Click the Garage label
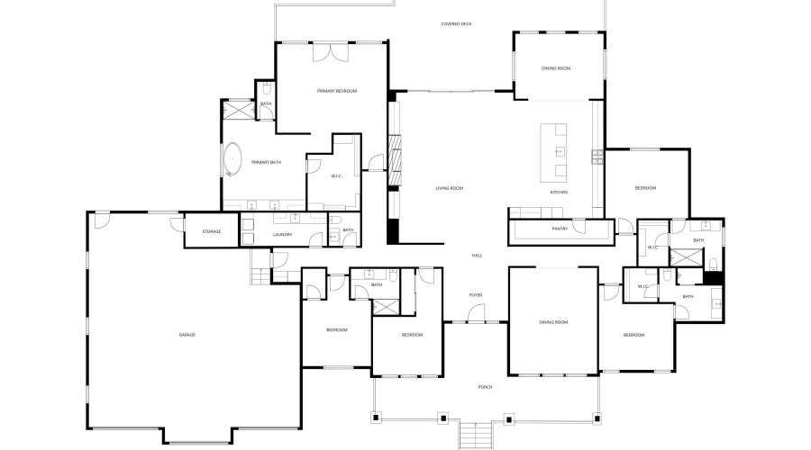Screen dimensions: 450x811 click(187, 335)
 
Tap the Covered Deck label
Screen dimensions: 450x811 click(456, 24)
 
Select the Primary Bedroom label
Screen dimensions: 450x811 click(337, 91)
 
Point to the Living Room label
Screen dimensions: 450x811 click(449, 188)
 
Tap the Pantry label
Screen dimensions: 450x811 click(559, 229)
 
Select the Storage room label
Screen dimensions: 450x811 click(212, 232)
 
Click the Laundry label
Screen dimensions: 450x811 click(283, 236)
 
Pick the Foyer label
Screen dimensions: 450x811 click(476, 295)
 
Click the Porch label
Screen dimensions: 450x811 click(485, 387)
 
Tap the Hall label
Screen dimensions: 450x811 click(477, 256)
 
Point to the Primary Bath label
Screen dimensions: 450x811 click(266, 162)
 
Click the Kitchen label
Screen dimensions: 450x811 click(559, 193)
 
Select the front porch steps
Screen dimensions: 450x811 click(475, 436)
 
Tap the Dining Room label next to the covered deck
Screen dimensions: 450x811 click(555, 68)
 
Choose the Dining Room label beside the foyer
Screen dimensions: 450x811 click(553, 322)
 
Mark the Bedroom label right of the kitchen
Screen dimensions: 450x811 click(645, 188)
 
